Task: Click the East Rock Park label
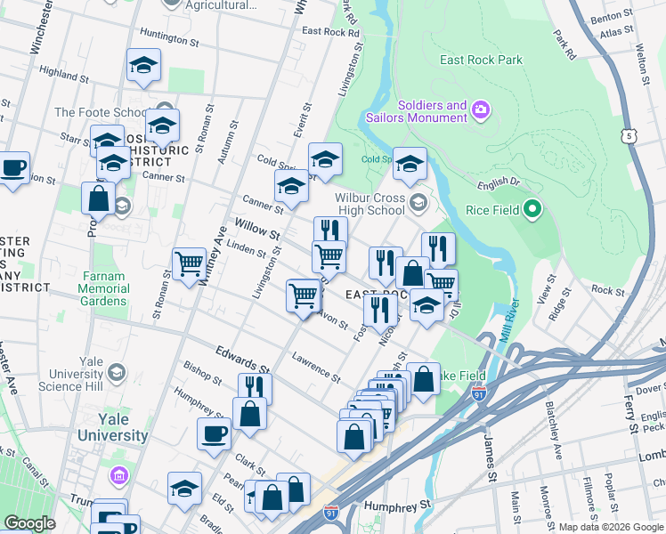(x=482, y=60)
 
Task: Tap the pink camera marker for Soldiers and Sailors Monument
(x=481, y=109)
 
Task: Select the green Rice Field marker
(x=532, y=210)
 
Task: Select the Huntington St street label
(x=169, y=40)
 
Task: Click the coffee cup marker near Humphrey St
(x=214, y=434)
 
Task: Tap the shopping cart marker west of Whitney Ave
(x=189, y=264)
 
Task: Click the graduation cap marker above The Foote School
(x=143, y=66)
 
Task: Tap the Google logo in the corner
(x=29, y=523)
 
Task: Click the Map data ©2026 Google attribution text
(x=610, y=527)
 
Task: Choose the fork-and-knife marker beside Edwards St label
(x=254, y=388)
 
